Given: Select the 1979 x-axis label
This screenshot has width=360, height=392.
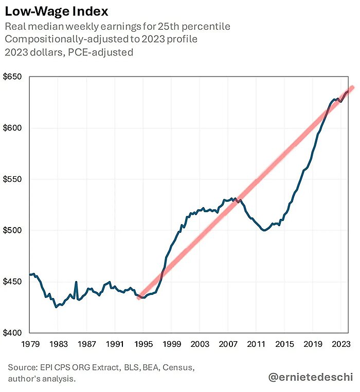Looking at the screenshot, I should pyautogui.click(x=30, y=344).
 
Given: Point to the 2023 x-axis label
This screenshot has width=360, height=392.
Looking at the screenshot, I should pyautogui.click(x=340, y=344).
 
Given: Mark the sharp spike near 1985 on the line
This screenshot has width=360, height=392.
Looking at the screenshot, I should pyautogui.click(x=76, y=282).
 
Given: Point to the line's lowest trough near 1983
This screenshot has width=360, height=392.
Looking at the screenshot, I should pyautogui.click(x=56, y=307).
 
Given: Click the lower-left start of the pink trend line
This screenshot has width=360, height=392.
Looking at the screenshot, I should pyautogui.click(x=139, y=298).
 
